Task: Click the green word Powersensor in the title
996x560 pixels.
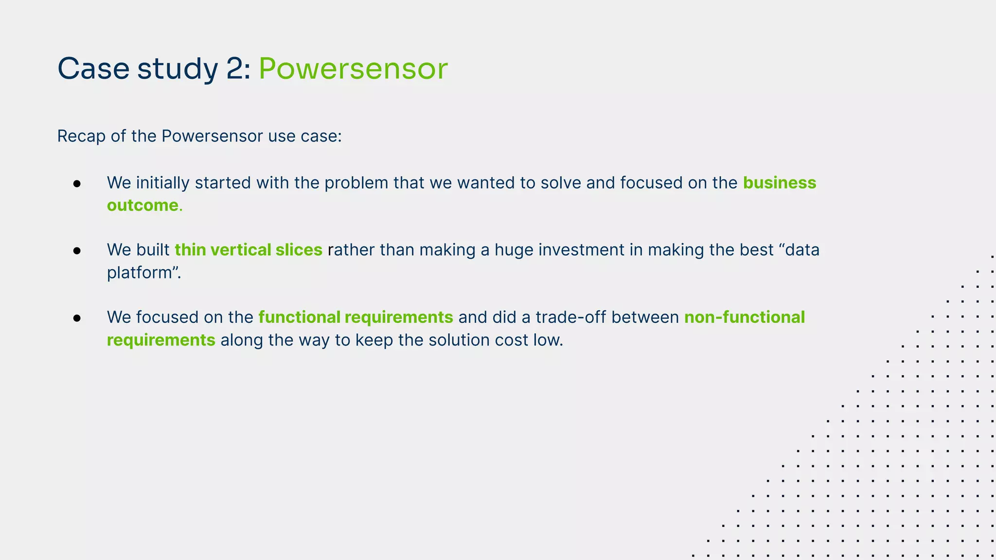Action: [x=353, y=69]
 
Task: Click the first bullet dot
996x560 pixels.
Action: [x=77, y=184]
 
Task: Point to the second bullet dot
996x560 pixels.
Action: [x=77, y=251]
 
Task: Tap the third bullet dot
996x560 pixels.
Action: [x=77, y=318]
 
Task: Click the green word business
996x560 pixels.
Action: [x=779, y=183]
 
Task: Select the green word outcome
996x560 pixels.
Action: [x=142, y=206]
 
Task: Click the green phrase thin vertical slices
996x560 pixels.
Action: [x=248, y=250]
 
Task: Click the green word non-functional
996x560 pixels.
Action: [x=744, y=317]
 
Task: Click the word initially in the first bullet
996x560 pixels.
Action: [x=163, y=183]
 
